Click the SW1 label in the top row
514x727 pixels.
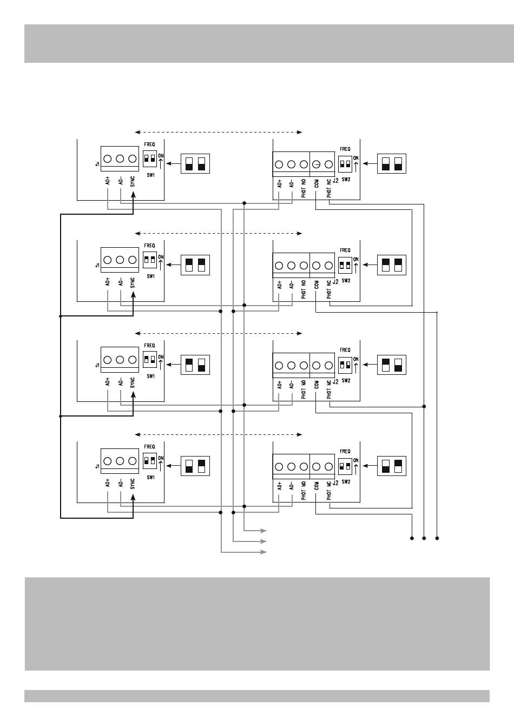click(x=150, y=175)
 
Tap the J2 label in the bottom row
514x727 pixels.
click(x=335, y=483)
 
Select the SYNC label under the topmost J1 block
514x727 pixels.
click(x=133, y=182)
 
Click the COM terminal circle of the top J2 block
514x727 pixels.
click(x=316, y=164)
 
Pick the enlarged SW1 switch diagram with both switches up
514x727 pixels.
click(x=195, y=265)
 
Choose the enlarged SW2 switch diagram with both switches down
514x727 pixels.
click(x=392, y=163)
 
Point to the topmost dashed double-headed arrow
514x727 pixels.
click(x=218, y=132)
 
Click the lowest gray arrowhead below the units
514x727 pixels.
click(x=263, y=552)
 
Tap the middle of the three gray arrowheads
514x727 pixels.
click(x=263, y=541)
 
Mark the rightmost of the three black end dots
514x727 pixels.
click(x=437, y=538)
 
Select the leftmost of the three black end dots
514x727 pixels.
click(x=412, y=538)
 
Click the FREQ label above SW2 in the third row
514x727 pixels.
click(x=345, y=350)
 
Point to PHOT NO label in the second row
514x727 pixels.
click(x=304, y=289)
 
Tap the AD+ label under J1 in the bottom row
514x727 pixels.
click(x=108, y=483)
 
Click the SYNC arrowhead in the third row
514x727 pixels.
click(x=133, y=395)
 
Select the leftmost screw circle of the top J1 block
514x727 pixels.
click(x=108, y=158)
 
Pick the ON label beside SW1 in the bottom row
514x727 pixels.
click(x=161, y=458)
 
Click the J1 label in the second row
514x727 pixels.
click(x=97, y=266)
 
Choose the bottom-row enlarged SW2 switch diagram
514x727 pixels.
click(x=392, y=466)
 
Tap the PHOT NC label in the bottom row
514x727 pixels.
click(x=329, y=491)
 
